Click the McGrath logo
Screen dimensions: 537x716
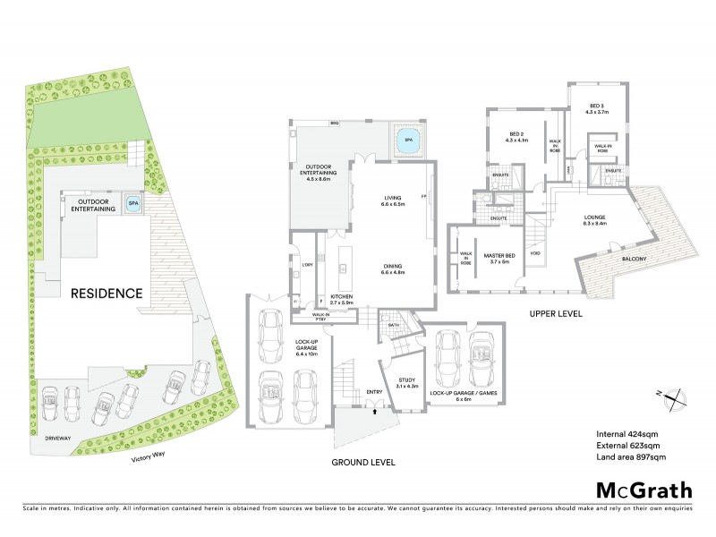click(644, 490)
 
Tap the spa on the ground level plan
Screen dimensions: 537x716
click(409, 141)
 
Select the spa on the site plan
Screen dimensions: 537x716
click(133, 203)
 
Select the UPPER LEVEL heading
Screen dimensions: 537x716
click(557, 314)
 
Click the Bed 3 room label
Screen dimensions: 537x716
click(596, 109)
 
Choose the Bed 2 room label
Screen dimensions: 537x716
click(517, 137)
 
